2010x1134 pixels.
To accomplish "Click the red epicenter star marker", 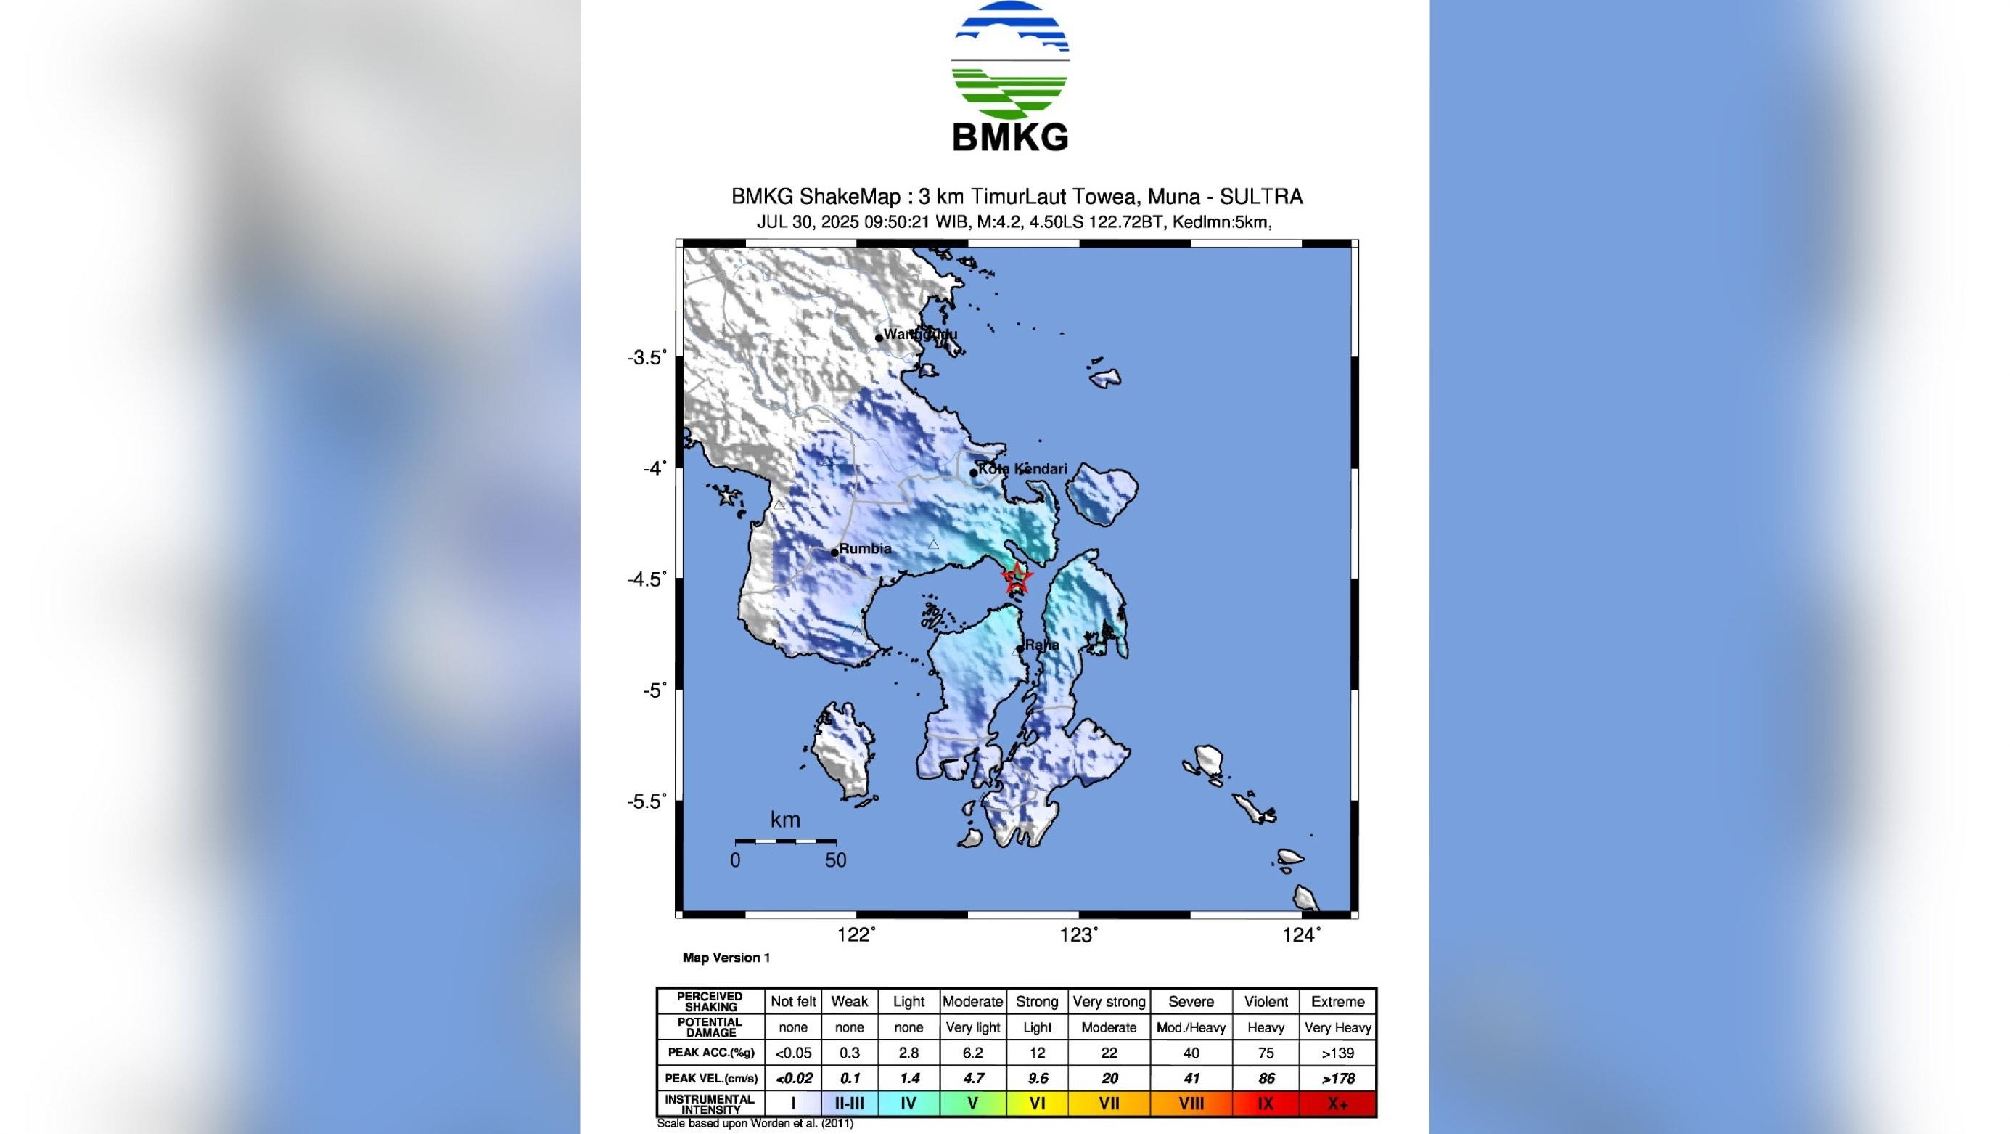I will click(1017, 578).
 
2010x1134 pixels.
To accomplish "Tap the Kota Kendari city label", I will click(1022, 468).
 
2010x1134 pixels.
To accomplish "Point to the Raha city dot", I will click(1020, 648).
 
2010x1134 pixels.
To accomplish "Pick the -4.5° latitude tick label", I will click(647, 579).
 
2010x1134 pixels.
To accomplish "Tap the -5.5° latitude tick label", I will click(647, 801).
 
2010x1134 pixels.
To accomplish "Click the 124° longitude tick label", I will click(1303, 934).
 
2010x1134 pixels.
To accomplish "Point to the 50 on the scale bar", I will click(836, 860).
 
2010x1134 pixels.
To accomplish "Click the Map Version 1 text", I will click(726, 958).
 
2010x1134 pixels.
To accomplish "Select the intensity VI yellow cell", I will click(1036, 1104).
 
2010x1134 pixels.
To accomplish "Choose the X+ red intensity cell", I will click(1337, 1104).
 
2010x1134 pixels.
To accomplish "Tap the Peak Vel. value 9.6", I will click(1036, 1078).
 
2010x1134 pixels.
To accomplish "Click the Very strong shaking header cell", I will click(1109, 1001).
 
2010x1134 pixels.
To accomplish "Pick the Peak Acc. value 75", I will click(1266, 1053).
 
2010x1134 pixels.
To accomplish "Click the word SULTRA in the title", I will click(1261, 196).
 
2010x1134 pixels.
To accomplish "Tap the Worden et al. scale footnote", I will click(755, 1123).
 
